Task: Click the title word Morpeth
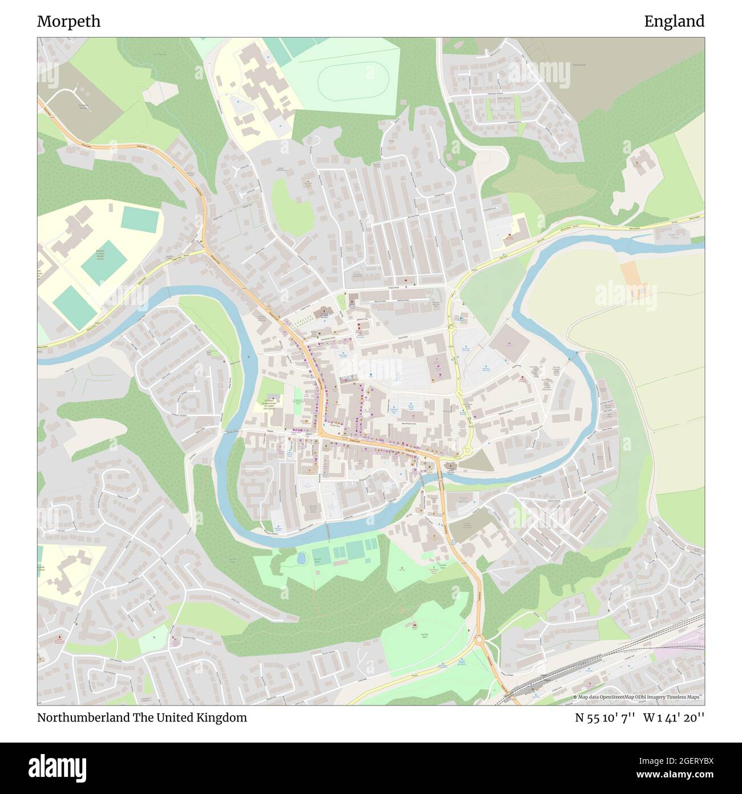click(68, 21)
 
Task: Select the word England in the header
click(674, 21)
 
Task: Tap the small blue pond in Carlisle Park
click(301, 558)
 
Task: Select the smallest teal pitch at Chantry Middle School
click(139, 219)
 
